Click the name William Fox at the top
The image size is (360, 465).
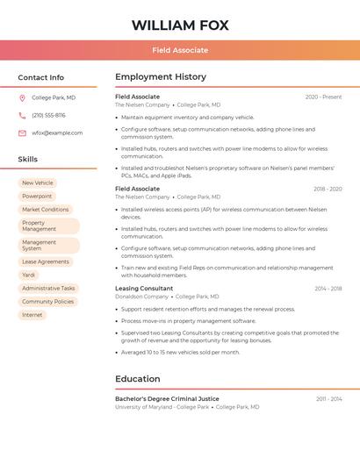(180, 25)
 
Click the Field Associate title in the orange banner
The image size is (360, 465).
(180, 50)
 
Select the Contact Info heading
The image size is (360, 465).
(41, 77)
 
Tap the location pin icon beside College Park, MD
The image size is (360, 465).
(22, 97)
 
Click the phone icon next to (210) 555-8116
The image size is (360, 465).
(22, 115)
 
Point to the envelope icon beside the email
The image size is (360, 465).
(22, 133)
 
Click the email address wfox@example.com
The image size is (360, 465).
(57, 133)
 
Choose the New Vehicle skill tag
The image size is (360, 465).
(38, 183)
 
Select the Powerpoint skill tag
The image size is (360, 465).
(37, 197)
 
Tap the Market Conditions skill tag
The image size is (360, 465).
(46, 210)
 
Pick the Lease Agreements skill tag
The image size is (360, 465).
(46, 261)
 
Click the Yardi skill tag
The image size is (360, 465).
(29, 275)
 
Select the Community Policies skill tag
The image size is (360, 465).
(48, 301)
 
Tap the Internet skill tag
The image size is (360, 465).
(32, 314)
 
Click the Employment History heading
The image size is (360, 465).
(161, 77)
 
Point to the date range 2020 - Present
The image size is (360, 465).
(323, 97)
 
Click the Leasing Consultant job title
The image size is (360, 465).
(144, 288)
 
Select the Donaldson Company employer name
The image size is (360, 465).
(141, 297)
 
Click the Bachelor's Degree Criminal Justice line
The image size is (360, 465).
(167, 398)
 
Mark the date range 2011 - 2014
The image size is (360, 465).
(329, 398)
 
